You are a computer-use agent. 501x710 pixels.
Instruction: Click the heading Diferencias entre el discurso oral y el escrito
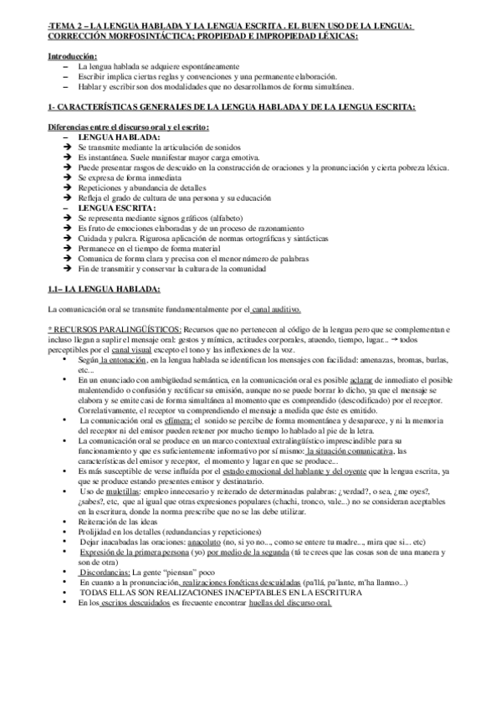pyautogui.click(x=128, y=126)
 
